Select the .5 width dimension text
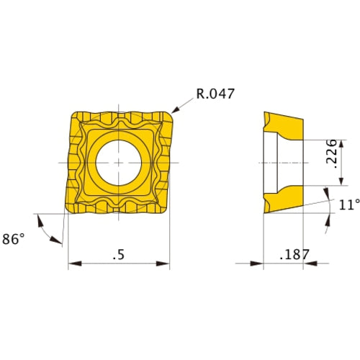click(x=119, y=255)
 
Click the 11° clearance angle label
click(x=348, y=205)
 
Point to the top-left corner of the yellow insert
click(x=75, y=114)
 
